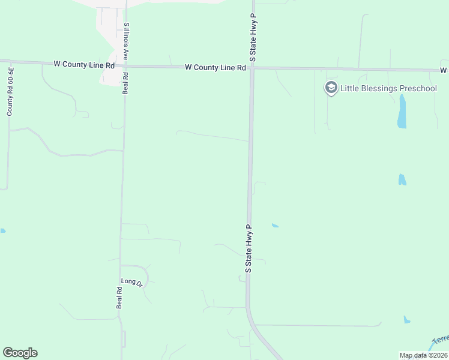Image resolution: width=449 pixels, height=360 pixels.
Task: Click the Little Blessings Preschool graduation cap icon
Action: (x=331, y=88)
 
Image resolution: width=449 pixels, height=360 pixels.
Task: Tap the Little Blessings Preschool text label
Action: (x=388, y=88)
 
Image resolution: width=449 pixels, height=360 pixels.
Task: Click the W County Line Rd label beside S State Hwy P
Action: (x=215, y=68)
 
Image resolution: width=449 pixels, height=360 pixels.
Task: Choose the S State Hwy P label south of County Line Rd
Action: (x=248, y=248)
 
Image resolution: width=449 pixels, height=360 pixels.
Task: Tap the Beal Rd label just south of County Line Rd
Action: (x=125, y=84)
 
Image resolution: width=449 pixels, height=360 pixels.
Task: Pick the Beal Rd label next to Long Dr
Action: (x=119, y=298)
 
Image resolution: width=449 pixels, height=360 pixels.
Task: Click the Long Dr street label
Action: (x=131, y=281)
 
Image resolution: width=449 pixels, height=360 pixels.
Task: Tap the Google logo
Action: (x=20, y=353)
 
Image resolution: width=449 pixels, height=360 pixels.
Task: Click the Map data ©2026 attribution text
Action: (x=423, y=355)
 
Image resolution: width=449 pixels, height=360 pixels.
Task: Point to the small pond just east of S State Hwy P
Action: (x=275, y=226)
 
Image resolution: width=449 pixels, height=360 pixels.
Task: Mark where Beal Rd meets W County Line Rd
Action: (x=125, y=66)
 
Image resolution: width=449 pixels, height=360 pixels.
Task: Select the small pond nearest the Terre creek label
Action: (x=408, y=320)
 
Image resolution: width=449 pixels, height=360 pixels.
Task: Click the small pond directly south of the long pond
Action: (x=402, y=179)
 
